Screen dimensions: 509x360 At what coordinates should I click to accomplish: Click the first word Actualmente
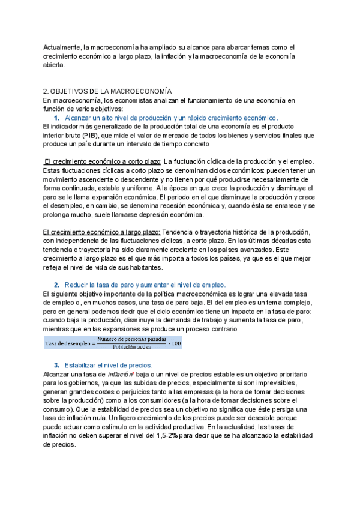point(64,47)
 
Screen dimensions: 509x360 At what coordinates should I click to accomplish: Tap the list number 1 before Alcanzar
point(56,118)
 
